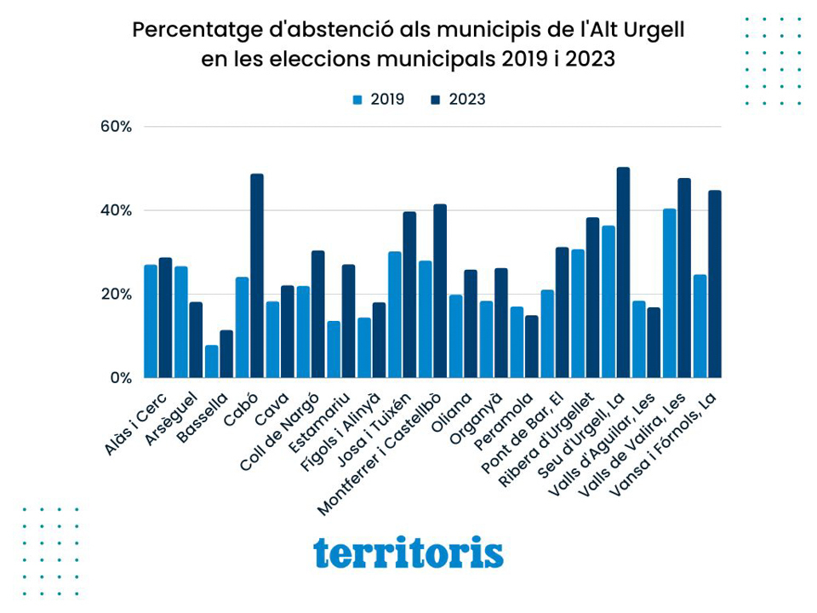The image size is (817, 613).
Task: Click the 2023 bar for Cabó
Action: (x=257, y=276)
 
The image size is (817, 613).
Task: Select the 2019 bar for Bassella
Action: (x=211, y=362)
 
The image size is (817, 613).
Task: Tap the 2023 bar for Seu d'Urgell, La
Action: (x=623, y=272)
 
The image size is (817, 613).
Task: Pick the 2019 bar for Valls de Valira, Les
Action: (x=669, y=293)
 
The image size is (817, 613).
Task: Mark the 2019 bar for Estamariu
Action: (x=334, y=349)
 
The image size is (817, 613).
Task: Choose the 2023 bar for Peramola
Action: (x=532, y=347)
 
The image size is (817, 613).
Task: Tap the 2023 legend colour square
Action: (x=437, y=100)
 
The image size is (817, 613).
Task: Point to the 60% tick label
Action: (x=116, y=127)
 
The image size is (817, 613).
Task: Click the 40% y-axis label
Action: (x=116, y=210)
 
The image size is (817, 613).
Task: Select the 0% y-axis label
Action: (x=120, y=378)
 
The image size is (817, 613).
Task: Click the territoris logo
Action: (x=408, y=553)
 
